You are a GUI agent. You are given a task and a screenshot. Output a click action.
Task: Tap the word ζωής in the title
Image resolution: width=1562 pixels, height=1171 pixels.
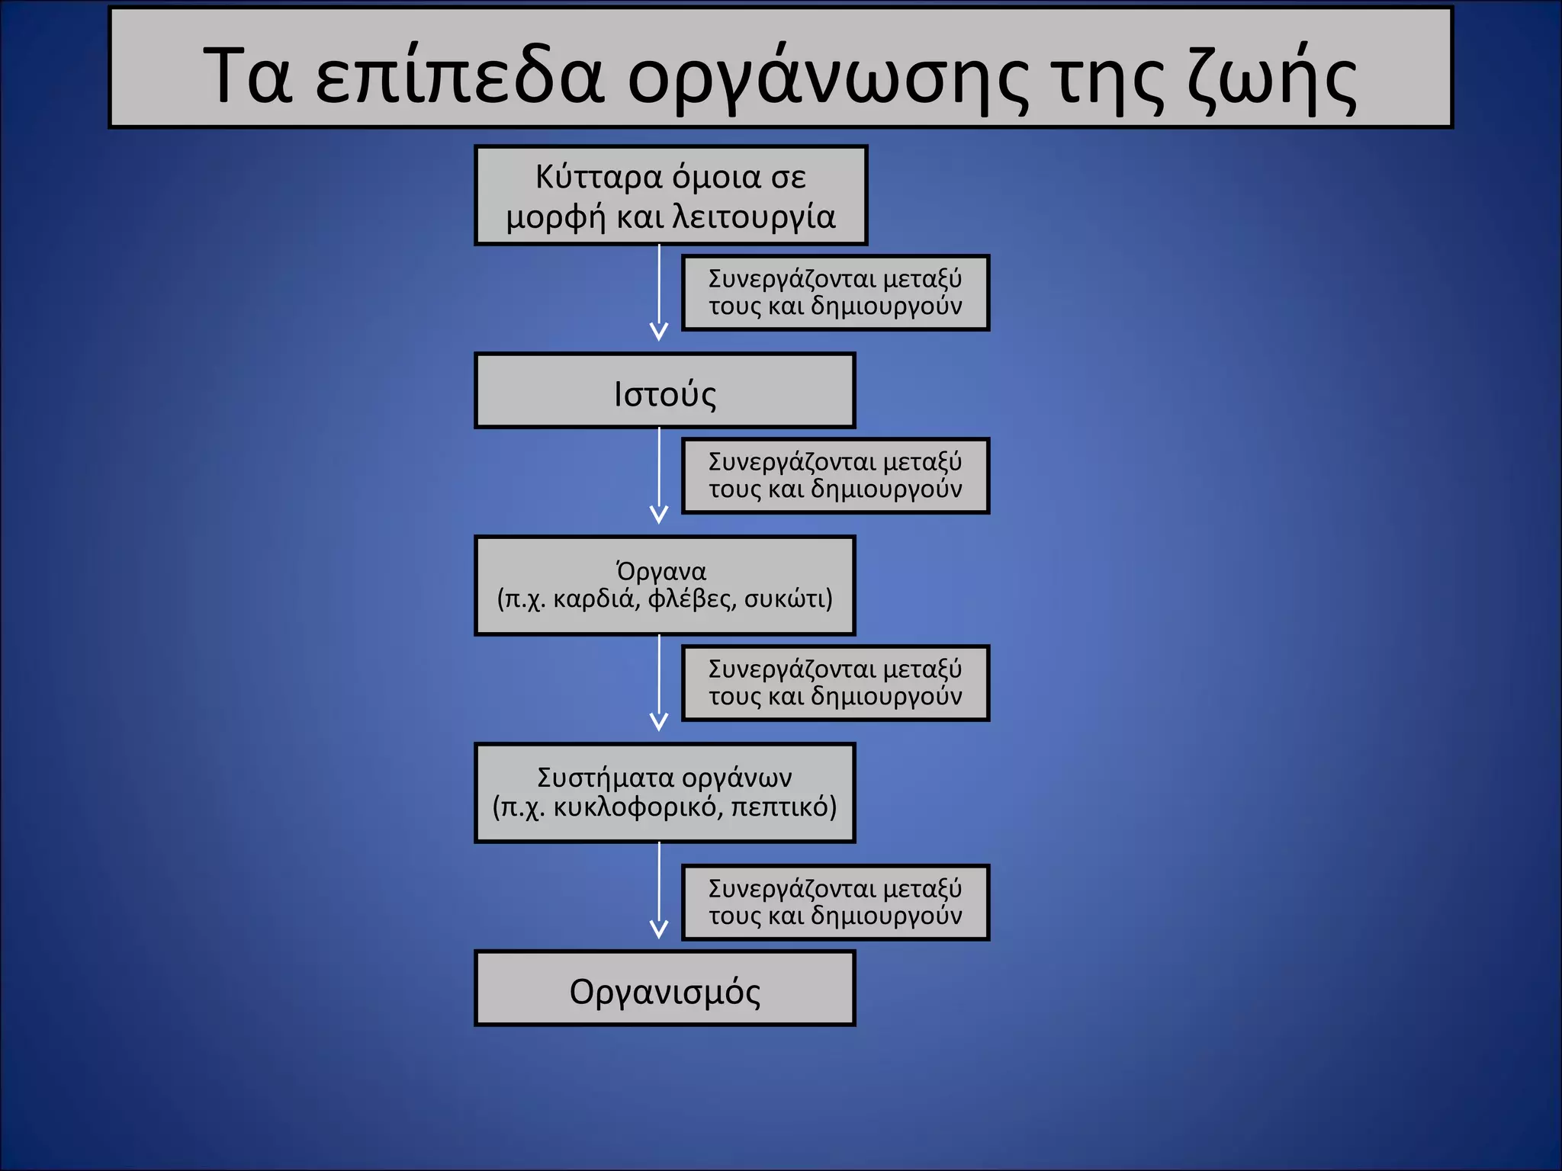pos(1271,76)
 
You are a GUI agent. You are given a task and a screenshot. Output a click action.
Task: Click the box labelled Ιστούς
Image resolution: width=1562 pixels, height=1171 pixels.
pos(664,391)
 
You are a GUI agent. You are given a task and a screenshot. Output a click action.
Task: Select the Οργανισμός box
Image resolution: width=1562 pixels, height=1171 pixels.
pos(664,989)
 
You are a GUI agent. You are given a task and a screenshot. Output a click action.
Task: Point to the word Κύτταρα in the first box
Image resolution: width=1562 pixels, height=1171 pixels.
pos(599,178)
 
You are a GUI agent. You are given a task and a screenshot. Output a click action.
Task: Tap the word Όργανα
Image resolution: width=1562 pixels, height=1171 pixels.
pos(661,571)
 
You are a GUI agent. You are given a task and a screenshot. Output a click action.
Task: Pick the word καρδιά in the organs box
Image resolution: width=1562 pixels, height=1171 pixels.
pos(596,599)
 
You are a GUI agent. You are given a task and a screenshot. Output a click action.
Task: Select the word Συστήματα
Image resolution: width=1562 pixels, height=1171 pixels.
pos(606,778)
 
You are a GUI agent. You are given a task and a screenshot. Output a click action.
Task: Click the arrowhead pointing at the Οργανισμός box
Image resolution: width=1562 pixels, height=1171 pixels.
pos(659,929)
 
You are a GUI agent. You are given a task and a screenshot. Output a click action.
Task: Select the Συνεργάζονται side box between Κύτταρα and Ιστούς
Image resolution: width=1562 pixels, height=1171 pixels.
pos(835,293)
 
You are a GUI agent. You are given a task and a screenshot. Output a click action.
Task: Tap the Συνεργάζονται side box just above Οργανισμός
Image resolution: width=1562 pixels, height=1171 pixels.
pos(835,903)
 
